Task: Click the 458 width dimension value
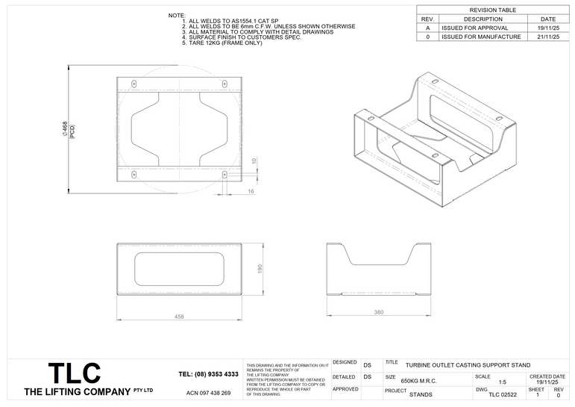pos(179,317)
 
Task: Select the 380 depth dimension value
pos(378,312)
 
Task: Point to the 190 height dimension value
pos(260,269)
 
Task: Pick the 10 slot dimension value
pos(254,161)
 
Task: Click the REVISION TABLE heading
pos(493,10)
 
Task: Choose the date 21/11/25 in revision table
pos(548,37)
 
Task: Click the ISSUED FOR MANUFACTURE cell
pos(480,37)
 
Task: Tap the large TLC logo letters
pos(75,373)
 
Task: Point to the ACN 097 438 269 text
pos(208,393)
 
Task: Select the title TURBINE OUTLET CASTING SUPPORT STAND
pos(468,365)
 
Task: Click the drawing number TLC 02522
pos(502,394)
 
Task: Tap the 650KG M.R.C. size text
pos(418,381)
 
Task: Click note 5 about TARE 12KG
pos(222,43)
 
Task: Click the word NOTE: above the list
pos(177,15)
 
